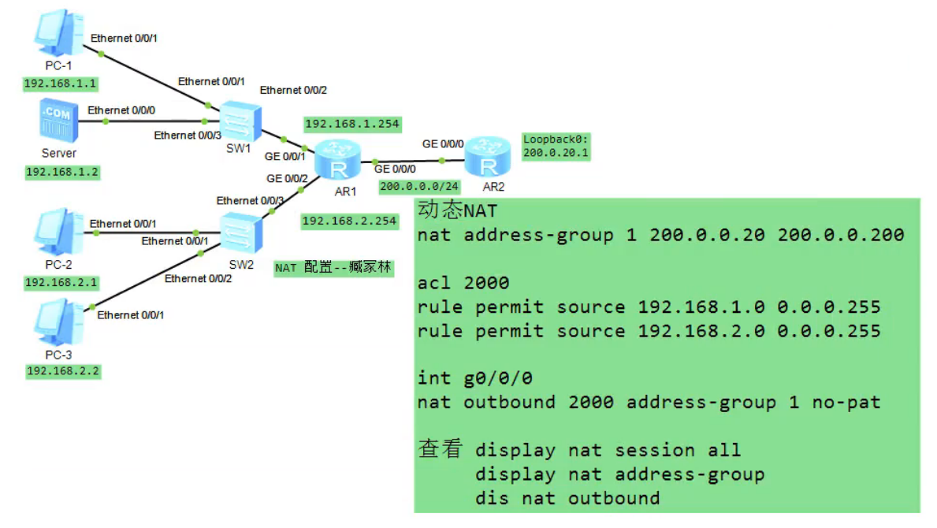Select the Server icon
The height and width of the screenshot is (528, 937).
coord(59,122)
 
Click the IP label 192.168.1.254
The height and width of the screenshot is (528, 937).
coord(352,124)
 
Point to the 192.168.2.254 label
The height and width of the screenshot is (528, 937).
coord(349,221)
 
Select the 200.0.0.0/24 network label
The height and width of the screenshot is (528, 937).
coord(418,187)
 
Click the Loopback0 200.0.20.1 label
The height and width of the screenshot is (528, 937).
coord(556,147)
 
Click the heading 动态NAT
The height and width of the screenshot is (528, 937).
coord(457,211)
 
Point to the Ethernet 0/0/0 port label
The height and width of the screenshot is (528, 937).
coord(121,110)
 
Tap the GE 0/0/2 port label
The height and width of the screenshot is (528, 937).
coord(286,179)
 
